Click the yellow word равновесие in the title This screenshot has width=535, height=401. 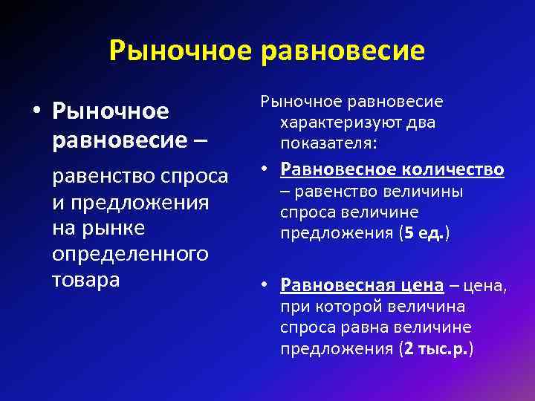343,50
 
